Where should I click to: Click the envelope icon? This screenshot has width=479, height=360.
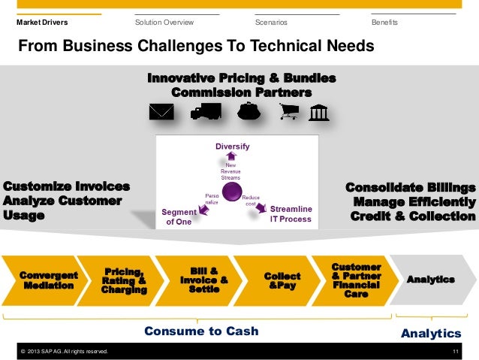point(161,112)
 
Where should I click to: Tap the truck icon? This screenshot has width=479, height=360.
point(206,111)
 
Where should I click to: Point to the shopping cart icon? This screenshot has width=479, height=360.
point(288,112)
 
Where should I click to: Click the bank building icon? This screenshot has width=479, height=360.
point(318,111)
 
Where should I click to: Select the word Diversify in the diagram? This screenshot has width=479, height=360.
point(232,145)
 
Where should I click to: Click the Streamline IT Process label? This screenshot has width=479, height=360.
point(291,213)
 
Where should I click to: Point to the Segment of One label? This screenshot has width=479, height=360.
point(179,217)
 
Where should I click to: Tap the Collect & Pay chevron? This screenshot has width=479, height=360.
point(282,280)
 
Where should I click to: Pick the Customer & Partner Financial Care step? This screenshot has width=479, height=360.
point(355,280)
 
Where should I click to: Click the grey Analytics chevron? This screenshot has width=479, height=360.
point(429,280)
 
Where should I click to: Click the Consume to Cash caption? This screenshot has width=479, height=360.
point(200,331)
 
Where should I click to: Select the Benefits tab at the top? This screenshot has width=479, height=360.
point(384,23)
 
